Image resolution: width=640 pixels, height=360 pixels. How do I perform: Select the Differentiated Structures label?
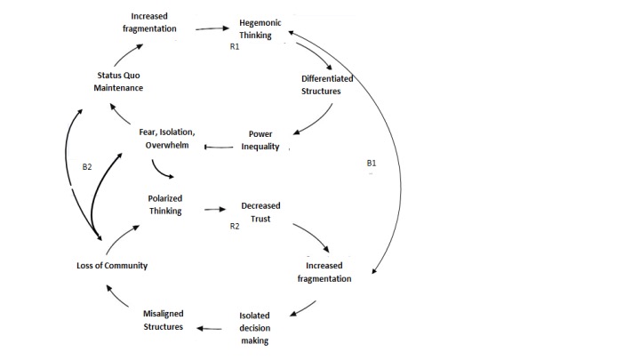click(x=327, y=84)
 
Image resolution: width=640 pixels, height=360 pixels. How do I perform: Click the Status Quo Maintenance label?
click(x=120, y=82)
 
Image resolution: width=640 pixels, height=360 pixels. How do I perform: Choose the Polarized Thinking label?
click(x=165, y=204)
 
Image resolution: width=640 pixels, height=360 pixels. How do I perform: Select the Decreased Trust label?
click(x=260, y=211)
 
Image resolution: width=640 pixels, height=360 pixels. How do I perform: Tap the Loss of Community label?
click(x=111, y=265)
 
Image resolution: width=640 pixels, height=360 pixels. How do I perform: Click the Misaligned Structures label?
click(x=164, y=320)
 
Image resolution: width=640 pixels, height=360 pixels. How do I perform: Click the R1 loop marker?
click(x=235, y=47)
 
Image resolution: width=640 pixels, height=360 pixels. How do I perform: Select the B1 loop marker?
click(x=371, y=164)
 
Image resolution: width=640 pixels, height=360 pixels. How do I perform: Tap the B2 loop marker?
click(x=87, y=166)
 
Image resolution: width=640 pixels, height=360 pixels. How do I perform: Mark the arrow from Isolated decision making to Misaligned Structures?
click(x=211, y=328)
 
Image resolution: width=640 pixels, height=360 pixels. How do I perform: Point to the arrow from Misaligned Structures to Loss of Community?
click(x=119, y=297)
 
